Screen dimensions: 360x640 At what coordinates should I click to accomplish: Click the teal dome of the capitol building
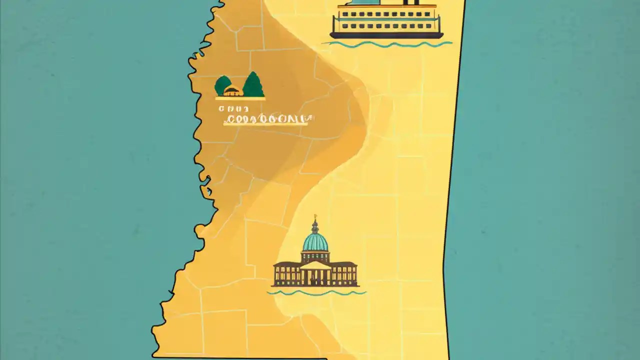pos(315,242)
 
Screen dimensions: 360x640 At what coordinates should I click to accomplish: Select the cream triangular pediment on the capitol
pos(315,265)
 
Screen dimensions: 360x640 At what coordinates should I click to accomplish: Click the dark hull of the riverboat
pos(386,35)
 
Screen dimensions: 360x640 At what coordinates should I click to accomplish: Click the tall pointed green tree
pos(253,85)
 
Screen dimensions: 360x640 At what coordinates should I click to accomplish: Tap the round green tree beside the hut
pos(222,85)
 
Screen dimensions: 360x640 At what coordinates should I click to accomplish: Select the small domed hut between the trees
pos(232,91)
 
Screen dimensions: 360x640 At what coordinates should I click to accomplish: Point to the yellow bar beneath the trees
pos(240,98)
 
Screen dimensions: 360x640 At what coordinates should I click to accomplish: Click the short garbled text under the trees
pos(233,108)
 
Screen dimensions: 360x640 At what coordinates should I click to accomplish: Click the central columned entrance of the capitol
pos(315,276)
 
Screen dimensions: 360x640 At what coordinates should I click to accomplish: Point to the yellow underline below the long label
pos(265,124)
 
